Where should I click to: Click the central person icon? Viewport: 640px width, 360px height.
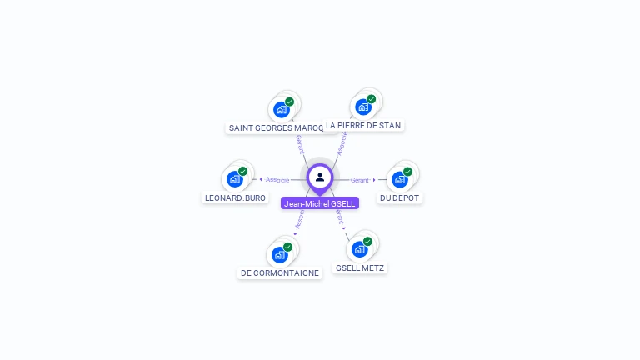point(320,177)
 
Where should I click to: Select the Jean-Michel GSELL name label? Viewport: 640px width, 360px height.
point(320,203)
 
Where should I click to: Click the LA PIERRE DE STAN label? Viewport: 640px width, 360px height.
point(363,125)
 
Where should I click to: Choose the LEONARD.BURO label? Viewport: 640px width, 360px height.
point(236,197)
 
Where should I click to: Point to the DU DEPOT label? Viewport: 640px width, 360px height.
point(400,197)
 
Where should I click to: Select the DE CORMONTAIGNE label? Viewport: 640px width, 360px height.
point(280,272)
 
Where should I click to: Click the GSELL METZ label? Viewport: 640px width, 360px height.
point(360,267)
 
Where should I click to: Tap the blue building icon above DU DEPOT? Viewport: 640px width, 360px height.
point(400,179)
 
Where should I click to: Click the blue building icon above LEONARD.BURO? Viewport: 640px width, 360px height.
point(235,179)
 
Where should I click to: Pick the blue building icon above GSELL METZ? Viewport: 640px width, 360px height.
point(360,249)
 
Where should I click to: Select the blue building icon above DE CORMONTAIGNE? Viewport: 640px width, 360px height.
point(280,254)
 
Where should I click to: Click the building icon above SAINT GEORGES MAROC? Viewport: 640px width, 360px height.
point(282,109)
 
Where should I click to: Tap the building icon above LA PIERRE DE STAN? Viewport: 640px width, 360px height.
point(363,107)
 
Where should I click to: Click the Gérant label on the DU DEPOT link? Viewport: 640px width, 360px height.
point(359,180)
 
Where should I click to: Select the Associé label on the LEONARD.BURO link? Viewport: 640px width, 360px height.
point(277,180)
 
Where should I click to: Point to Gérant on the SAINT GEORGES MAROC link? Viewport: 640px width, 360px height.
point(299,143)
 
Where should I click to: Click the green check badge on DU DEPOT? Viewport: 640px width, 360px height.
point(407,172)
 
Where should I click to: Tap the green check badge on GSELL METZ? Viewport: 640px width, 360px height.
point(367,242)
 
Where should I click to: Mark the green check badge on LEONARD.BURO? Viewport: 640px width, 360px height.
point(242,172)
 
